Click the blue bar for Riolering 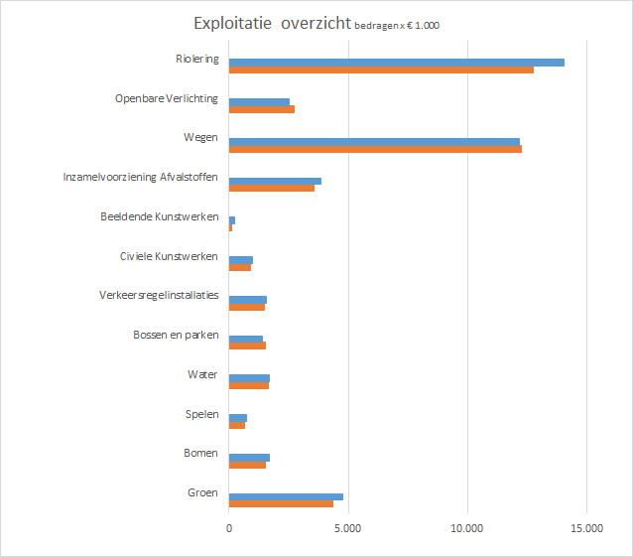pos(396,63)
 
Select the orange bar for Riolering pos(381,70)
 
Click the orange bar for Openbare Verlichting pos(262,109)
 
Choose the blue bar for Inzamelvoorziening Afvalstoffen pos(275,181)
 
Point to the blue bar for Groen pos(286,496)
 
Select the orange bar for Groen pos(281,503)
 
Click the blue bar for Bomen pos(249,457)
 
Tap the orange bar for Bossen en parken pos(247,346)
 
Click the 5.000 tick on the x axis pos(347,529)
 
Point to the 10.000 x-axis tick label pos(466,529)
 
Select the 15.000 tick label pos(585,529)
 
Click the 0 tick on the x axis pos(229,529)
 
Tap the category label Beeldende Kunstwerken pos(159,216)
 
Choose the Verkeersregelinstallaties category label pos(159,296)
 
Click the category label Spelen pos(201,414)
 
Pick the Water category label pos(202,374)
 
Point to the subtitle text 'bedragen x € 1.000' pos(397,26)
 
